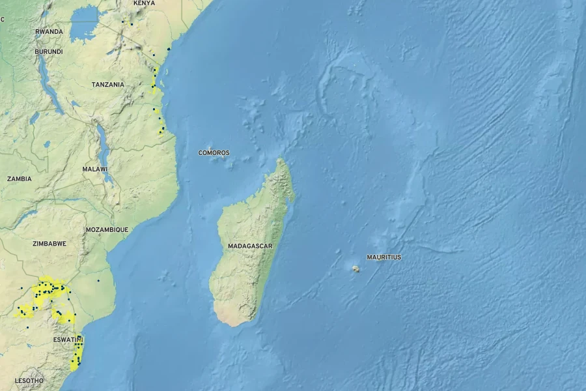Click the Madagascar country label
point(250,246)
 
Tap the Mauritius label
point(384,257)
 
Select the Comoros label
point(214,153)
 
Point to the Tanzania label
point(107,85)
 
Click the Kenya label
point(144,3)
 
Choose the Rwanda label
point(49,31)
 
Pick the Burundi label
point(49,51)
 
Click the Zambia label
point(19,179)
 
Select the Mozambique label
point(107,229)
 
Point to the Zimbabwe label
point(49,244)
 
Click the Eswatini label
point(68,340)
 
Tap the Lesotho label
point(29,381)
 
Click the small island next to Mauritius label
point(356,268)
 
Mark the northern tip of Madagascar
point(281,160)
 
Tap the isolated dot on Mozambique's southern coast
point(98,281)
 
